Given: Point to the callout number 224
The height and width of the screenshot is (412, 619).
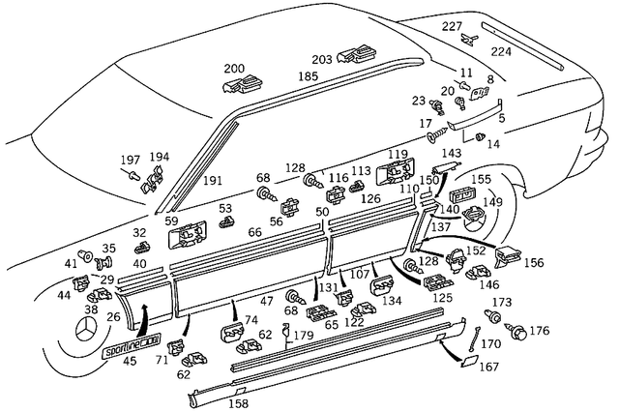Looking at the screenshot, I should [502, 52].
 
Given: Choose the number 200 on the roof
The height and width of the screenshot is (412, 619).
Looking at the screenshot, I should [234, 69].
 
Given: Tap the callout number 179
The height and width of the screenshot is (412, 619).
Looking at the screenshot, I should [304, 336].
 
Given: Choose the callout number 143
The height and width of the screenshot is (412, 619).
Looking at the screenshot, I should [451, 154].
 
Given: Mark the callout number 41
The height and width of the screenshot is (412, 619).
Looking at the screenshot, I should [71, 263].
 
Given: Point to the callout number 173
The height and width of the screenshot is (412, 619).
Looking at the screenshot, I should [502, 302].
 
